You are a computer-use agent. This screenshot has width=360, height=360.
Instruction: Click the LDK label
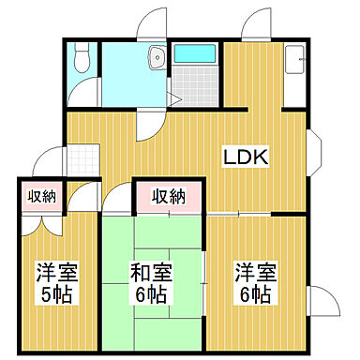point(246,157)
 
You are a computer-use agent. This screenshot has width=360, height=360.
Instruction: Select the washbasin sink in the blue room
point(154,59)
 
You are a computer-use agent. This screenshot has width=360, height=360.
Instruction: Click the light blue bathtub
point(196,52)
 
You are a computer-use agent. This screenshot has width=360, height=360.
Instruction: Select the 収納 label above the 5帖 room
point(40,196)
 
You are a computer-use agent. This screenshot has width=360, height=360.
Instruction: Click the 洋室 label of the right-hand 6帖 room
point(253,275)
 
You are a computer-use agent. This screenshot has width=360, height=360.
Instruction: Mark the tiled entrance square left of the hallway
point(52,165)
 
